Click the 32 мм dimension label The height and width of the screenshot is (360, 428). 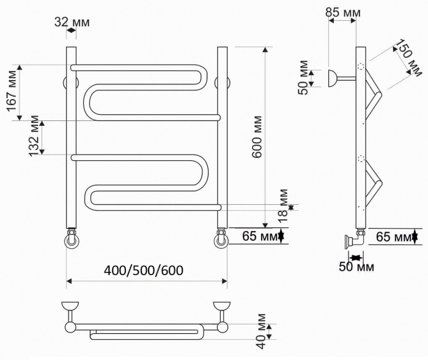[72, 23]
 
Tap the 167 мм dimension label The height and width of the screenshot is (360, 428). [11, 92]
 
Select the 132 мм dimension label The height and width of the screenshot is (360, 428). [34, 136]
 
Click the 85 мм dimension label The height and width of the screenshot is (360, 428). [343, 12]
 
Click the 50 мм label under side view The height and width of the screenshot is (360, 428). [356, 266]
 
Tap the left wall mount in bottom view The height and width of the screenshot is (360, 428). [71, 305]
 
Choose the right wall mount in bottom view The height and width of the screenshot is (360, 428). [220, 305]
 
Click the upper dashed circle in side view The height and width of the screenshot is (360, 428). [361, 68]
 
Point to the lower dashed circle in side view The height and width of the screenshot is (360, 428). [361, 161]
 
